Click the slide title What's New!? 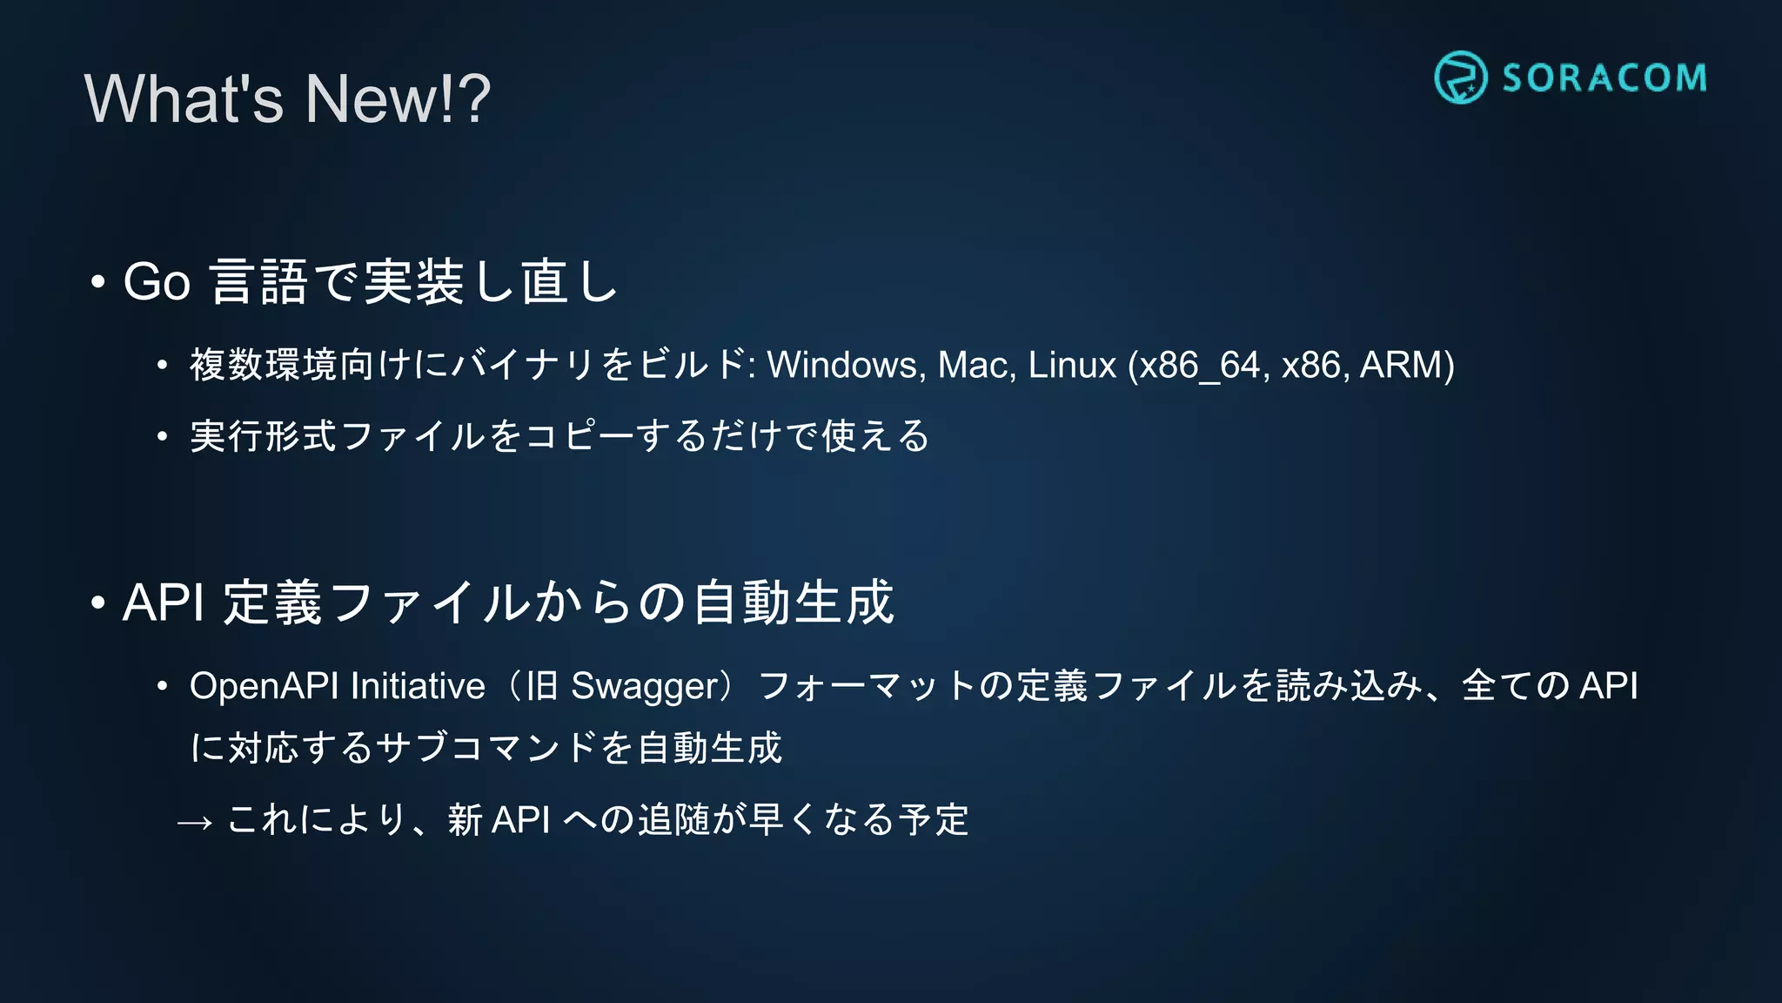[x=287, y=98]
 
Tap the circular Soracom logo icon [x=1460, y=77]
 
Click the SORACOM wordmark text [x=1604, y=78]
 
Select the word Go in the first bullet [x=157, y=282]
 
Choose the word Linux [x=1071, y=365]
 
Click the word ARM [x=1401, y=365]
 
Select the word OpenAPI [x=264, y=686]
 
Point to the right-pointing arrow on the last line [x=195, y=823]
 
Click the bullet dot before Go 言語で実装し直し [x=98, y=282]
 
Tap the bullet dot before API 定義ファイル [x=98, y=602]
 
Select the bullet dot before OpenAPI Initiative [x=162, y=687]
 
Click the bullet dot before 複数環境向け [x=162, y=366]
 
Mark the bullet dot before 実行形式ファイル [x=162, y=436]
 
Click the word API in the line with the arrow [x=521, y=820]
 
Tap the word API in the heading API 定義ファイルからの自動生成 [x=164, y=602]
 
